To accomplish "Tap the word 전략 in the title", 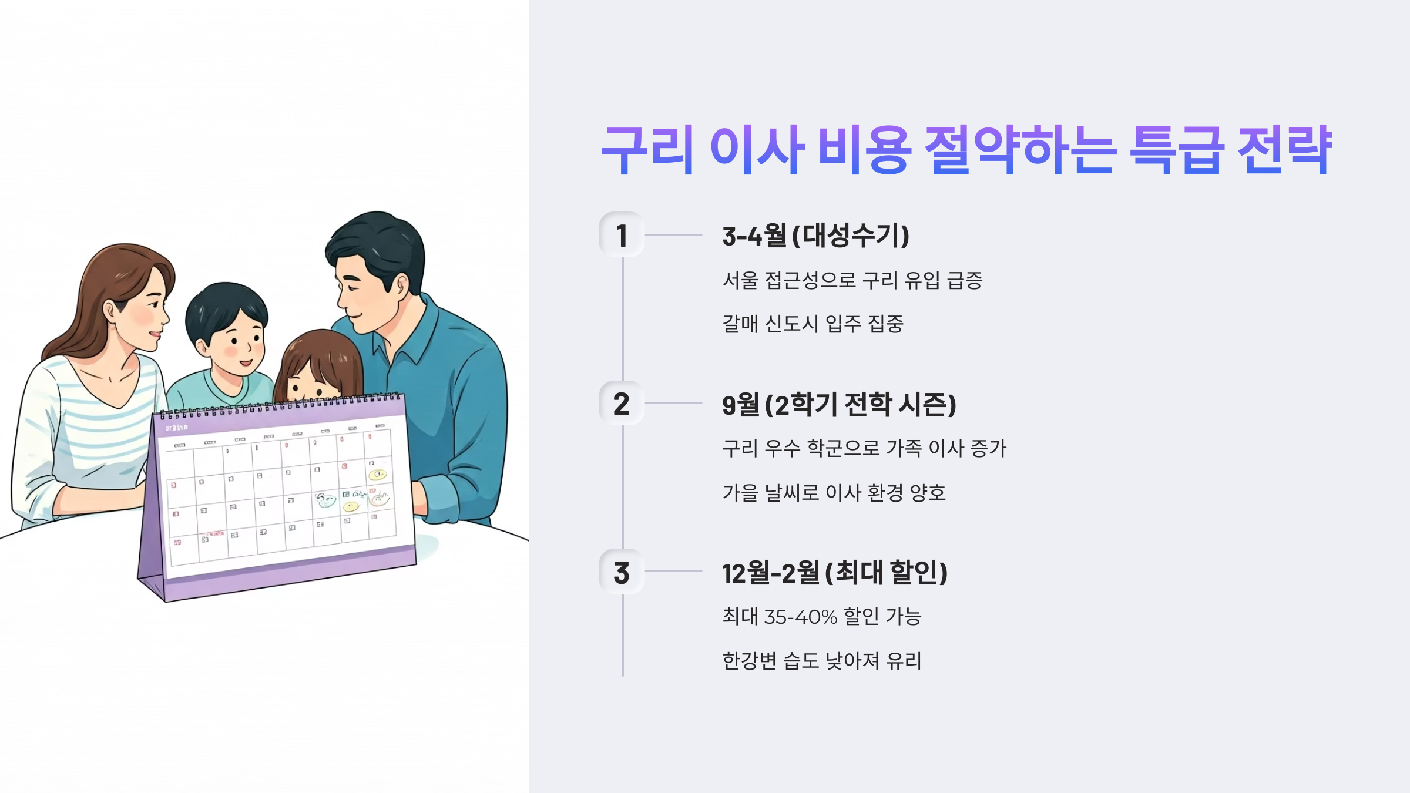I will [1284, 150].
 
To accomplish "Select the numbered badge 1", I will [622, 235].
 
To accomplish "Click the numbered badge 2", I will [622, 404].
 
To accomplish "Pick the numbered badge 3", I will [622, 572].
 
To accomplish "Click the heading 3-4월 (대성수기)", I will [815, 236].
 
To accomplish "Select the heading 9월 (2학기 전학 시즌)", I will [839, 405].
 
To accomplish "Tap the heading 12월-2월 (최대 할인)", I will [835, 573].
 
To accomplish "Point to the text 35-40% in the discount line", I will [800, 617].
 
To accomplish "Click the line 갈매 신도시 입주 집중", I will [813, 324].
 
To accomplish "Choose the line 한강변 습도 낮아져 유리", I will [821, 661].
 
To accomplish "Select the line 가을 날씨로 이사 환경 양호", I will [834, 493].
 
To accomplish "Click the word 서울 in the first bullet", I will [740, 280].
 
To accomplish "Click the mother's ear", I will [110, 310].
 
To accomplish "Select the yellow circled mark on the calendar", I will [378, 475].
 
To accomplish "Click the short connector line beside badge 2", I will [673, 404].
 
